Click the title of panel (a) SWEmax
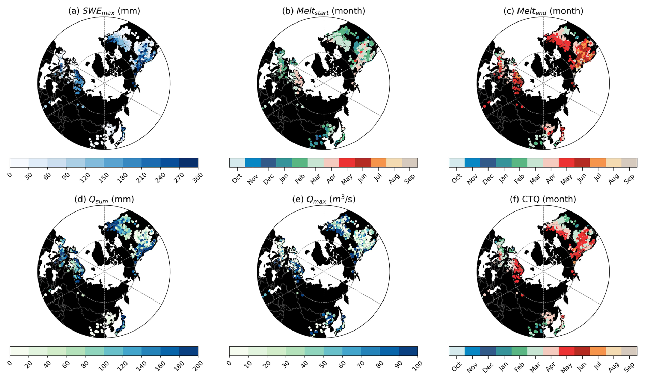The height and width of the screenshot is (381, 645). click(104, 11)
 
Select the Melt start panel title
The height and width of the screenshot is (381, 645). click(324, 11)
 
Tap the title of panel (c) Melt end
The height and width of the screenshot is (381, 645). click(543, 11)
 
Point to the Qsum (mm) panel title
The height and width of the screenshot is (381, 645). click(104, 199)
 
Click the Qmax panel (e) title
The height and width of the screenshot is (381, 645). click(324, 199)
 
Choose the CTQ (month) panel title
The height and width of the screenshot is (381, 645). click(543, 199)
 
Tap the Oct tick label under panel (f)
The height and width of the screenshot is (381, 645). click(456, 367)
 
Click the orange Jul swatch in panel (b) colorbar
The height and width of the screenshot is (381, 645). click(378, 163)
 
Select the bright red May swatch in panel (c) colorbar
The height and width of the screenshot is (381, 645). click(567, 163)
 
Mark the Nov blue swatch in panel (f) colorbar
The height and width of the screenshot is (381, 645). click(472, 351)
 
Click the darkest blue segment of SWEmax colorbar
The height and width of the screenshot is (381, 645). click(189, 163)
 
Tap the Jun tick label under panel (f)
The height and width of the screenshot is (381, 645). click(582, 366)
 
